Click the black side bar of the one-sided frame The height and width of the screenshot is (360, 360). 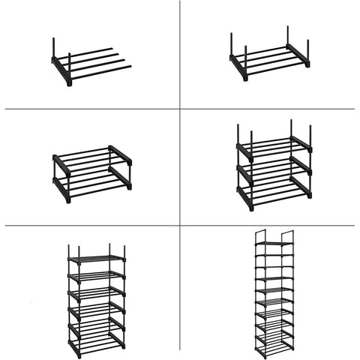(61, 71)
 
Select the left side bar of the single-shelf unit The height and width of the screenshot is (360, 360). (238, 67)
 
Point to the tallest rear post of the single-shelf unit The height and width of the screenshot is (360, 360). (287, 37)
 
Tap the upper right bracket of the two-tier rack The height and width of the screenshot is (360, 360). (120, 154)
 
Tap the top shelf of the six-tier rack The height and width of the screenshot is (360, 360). (96, 259)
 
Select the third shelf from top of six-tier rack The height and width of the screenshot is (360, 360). (96, 292)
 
